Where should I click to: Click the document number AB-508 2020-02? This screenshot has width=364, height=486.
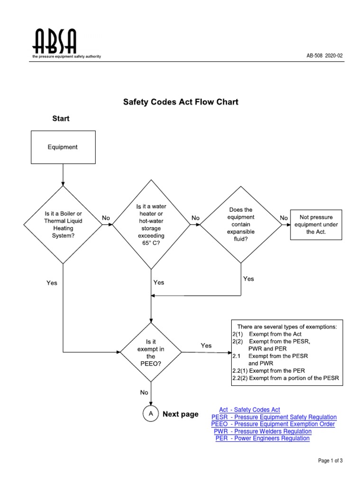(x=325, y=56)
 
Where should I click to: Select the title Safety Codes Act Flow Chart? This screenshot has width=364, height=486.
(x=181, y=102)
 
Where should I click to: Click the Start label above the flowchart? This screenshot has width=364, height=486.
(x=61, y=119)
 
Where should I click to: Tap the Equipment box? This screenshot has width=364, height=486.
(x=63, y=147)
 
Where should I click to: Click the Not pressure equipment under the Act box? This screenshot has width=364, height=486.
(x=316, y=224)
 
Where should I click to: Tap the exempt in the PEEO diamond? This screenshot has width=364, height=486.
(x=151, y=352)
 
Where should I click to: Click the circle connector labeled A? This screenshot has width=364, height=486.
(x=151, y=414)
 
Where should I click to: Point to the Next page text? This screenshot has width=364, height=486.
(x=181, y=414)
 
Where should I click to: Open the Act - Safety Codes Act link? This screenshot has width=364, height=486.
(x=249, y=410)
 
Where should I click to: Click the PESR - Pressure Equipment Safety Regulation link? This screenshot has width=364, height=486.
(x=274, y=417)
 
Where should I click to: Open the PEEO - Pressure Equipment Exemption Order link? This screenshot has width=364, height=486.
(x=273, y=424)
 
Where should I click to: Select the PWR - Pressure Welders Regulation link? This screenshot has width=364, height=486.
(x=263, y=431)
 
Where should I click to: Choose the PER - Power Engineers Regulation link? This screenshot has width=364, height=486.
(x=263, y=439)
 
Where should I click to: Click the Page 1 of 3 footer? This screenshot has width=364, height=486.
(x=330, y=461)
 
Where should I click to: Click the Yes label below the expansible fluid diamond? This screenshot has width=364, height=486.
(x=248, y=279)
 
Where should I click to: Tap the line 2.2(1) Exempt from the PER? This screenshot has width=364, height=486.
(x=268, y=371)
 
